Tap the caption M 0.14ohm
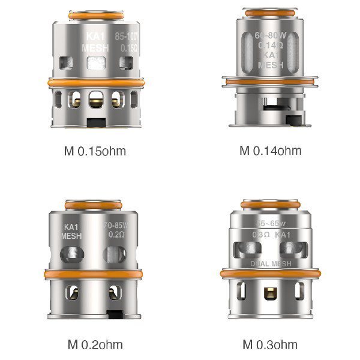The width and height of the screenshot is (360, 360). coord(270,150)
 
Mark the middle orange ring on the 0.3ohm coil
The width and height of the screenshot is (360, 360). coord(270,274)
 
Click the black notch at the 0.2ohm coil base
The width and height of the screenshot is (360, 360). coord(114,314)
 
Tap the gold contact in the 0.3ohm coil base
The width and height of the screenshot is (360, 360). coord(270,295)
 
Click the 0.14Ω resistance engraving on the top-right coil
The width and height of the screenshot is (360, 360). coord(270,45)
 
